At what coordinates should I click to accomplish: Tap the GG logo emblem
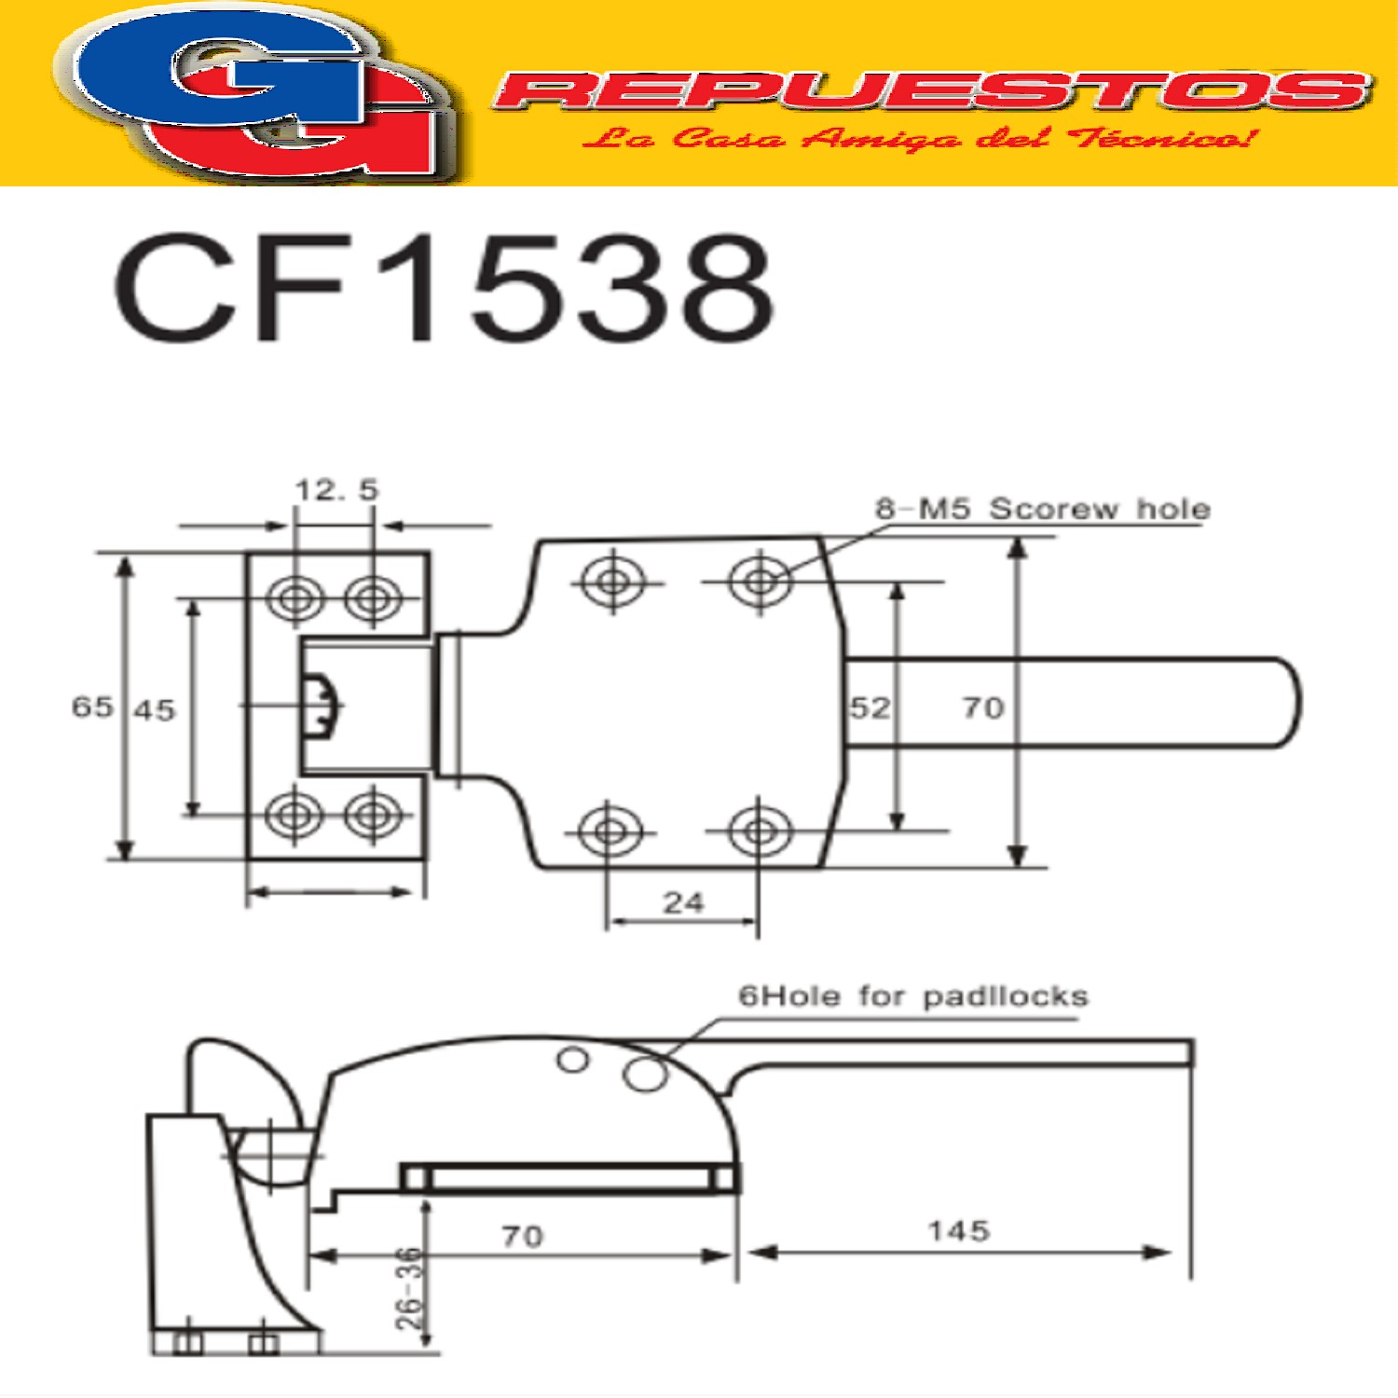tap(256, 93)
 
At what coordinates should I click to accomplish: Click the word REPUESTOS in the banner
tap(932, 90)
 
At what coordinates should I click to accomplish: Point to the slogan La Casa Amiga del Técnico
tap(918, 139)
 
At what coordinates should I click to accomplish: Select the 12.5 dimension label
tap(336, 489)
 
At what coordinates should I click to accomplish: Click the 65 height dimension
tap(92, 706)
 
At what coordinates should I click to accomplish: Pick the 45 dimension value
tap(155, 710)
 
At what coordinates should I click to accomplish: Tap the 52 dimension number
tap(870, 707)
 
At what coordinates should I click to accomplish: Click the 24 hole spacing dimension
tap(683, 902)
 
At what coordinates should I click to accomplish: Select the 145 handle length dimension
tap(958, 1231)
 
